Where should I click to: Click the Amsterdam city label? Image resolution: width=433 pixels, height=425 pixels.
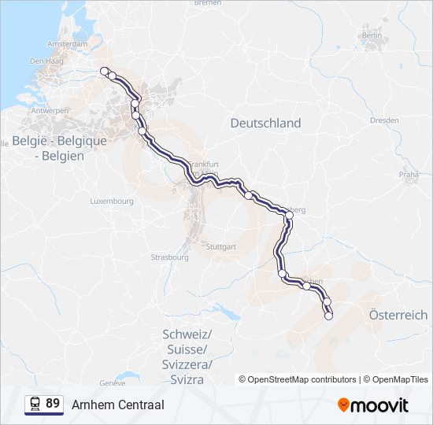coord(67,44)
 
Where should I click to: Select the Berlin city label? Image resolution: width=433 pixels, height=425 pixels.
coord(372,35)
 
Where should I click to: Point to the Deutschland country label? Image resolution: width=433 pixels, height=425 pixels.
coord(265,124)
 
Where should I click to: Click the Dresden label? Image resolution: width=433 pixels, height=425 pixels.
coord(383,120)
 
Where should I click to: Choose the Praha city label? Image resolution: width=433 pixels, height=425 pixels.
coord(409,174)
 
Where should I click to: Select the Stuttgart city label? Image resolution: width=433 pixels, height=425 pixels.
coord(220,246)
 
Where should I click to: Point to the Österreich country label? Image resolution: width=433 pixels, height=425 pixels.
coord(398,314)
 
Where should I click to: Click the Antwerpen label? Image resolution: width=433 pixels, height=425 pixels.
coord(50,111)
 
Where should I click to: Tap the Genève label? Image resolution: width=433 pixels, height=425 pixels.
coord(113,383)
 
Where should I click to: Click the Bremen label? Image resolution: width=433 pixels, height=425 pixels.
coord(207,3)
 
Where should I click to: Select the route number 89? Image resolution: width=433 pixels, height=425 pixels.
coord(53,404)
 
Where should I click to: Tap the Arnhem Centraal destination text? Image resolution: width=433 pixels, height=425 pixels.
coord(118,405)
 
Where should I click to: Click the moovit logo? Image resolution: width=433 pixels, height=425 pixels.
coord(373,405)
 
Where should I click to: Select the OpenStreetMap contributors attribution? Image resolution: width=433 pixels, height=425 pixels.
coord(302,379)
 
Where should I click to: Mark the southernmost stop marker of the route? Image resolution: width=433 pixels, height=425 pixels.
coord(329,316)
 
